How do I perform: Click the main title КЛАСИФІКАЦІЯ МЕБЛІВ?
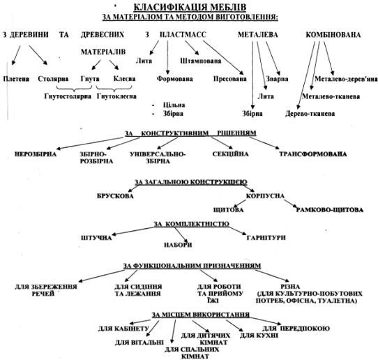coord(190,7)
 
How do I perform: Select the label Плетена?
coord(16,79)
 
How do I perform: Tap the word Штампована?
coord(201,61)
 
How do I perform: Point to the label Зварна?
coord(277,79)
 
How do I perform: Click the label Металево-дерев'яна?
coord(346,79)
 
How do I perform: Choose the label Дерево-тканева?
coord(310,114)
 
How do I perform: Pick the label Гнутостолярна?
coord(68,96)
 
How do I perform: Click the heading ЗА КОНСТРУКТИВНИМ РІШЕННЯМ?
coord(190,133)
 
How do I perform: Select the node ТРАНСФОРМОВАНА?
coord(313,154)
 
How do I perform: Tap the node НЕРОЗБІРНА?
coord(36,154)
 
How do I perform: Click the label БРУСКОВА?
coord(115,196)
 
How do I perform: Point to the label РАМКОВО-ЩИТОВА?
coord(330,210)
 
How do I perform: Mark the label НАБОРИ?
coord(178,245)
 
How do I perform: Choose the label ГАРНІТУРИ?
coord(266,238)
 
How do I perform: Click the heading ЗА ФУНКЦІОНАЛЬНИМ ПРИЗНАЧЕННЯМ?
coord(192,266)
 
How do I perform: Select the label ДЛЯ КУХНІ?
coord(259,336)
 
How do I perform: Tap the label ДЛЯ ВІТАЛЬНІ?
coord(139,343)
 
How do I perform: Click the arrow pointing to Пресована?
coord(223,58)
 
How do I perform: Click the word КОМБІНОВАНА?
coord(333,35)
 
